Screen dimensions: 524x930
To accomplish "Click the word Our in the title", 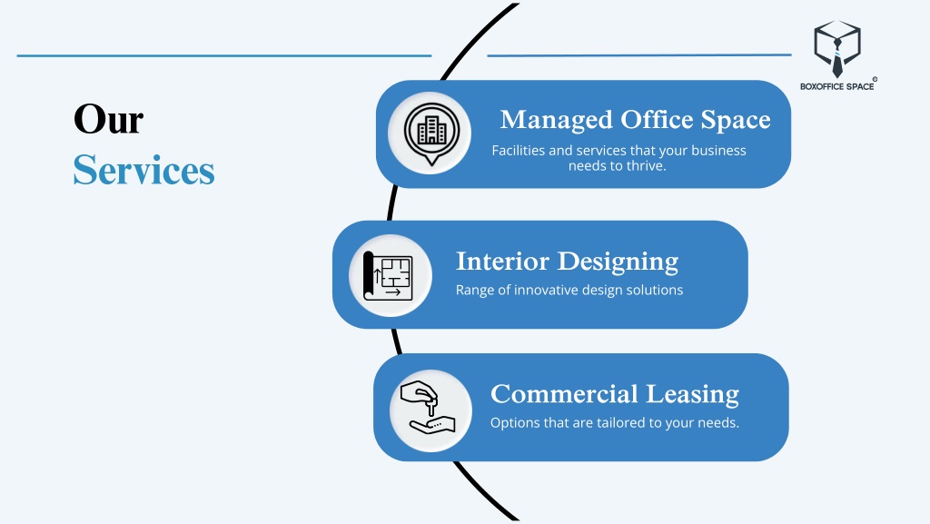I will pos(108,120).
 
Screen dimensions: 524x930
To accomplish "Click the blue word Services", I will pos(143,170).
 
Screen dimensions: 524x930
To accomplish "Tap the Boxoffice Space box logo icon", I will pos(836,48).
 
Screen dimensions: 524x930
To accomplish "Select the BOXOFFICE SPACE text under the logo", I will pos(836,86).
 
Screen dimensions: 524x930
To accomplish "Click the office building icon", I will pos(430,133).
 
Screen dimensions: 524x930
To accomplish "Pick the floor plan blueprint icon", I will pos(389,275).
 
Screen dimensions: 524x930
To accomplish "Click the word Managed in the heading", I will pos(556,120).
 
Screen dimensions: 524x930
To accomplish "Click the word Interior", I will pos(502,262).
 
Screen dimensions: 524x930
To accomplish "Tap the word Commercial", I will pos(564,394).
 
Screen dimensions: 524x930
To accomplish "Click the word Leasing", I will pos(693,395).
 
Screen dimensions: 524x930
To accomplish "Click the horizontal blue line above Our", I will pos(223,55).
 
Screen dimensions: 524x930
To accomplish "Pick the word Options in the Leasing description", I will pos(514,422).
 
